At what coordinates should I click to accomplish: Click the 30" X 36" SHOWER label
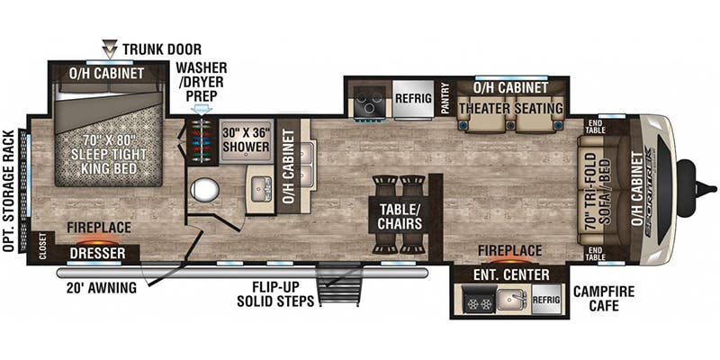point(246,139)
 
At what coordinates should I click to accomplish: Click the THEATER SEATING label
point(510,109)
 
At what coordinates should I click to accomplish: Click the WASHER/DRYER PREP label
point(202,80)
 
